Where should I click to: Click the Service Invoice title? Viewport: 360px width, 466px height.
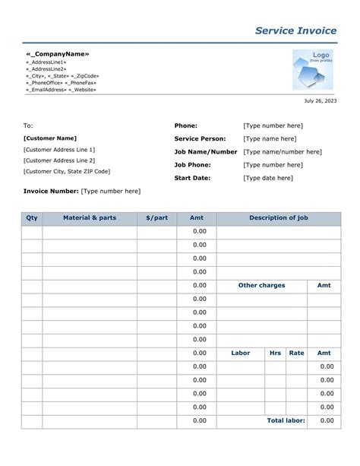coord(295,30)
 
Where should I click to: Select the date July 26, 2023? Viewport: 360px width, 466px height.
coord(321,101)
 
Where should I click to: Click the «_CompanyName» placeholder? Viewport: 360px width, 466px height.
coord(58,54)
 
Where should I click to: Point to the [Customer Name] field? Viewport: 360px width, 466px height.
coord(50,138)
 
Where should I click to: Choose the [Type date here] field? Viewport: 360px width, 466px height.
coord(268,178)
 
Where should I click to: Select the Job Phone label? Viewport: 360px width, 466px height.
coord(192,165)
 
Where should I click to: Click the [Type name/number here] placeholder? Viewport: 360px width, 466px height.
coord(283,152)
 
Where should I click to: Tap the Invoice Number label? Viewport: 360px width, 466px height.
coord(51,192)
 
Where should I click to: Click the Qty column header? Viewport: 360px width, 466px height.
coord(32,218)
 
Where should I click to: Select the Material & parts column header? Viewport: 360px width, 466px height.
coord(90,218)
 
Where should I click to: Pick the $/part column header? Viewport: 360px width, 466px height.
coord(157,218)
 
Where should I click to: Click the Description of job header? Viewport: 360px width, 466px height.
coord(279,218)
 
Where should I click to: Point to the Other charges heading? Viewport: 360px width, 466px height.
coord(261,285)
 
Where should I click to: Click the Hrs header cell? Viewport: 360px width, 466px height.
coord(275,353)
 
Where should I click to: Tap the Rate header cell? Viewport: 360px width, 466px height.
coord(296,353)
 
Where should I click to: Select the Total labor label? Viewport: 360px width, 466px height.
coord(286,420)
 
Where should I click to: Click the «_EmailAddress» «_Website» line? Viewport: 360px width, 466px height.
coord(62,90)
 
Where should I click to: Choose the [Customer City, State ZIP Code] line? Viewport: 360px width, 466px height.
coord(67,172)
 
